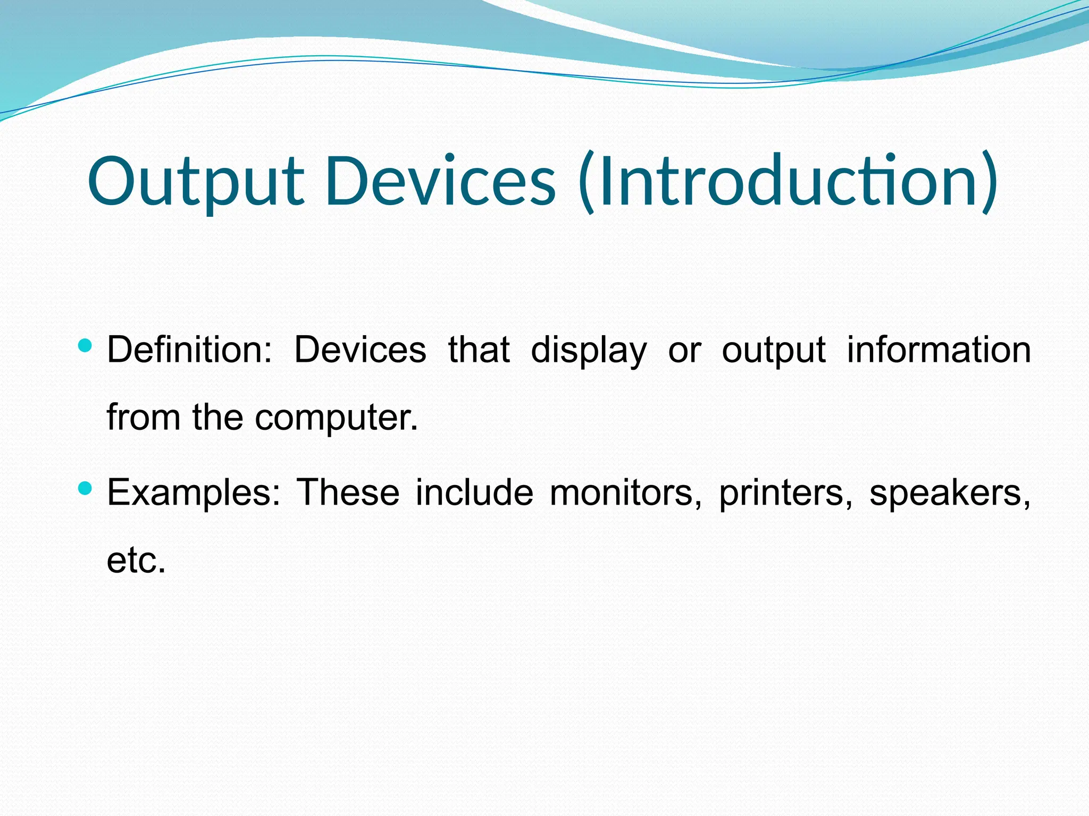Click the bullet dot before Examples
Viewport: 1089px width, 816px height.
pos(85,488)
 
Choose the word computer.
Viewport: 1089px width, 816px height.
pos(336,418)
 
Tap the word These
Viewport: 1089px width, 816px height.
pos(348,492)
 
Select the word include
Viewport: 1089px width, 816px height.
pos(474,492)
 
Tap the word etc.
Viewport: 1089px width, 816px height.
pos(136,560)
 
